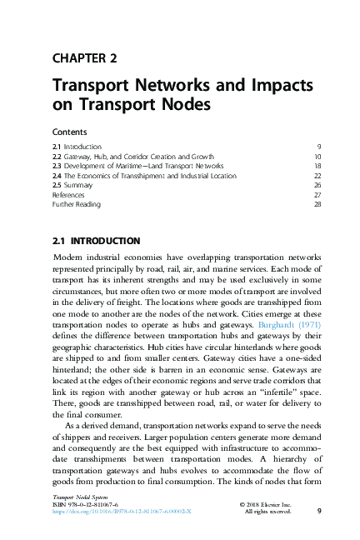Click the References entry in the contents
69,195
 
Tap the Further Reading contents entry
76,204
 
